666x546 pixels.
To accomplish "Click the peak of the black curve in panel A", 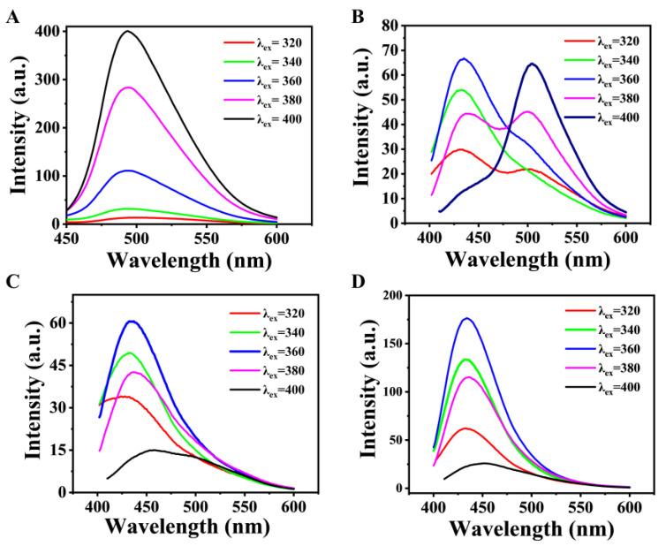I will click(x=128, y=32).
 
